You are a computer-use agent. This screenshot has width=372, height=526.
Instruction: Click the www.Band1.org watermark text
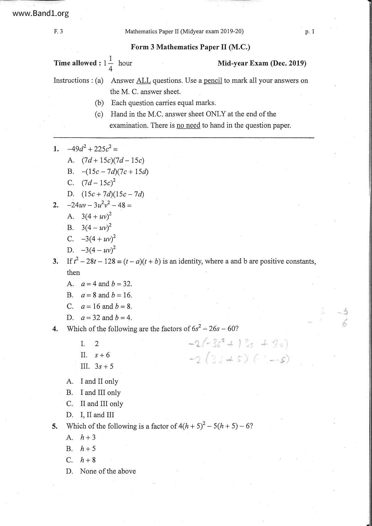click(37, 13)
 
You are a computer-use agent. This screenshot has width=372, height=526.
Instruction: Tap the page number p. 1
click(310, 31)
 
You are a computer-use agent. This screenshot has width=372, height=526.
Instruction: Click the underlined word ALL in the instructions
click(143, 81)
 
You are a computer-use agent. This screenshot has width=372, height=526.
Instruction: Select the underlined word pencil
click(213, 81)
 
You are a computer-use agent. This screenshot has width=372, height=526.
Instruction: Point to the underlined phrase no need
click(188, 125)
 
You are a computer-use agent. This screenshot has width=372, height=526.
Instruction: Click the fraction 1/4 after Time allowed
click(110, 63)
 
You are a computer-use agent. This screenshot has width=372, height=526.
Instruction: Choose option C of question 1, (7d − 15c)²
click(98, 183)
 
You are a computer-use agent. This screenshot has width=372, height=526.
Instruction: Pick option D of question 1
click(112, 194)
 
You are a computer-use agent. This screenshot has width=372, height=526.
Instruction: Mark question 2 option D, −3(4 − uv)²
click(98, 250)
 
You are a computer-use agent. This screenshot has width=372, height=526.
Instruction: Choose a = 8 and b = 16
click(106, 295)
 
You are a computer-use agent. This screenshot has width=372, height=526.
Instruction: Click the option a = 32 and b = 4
click(106, 318)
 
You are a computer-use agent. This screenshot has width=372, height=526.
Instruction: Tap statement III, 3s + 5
click(104, 366)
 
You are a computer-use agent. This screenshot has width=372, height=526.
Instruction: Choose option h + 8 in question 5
click(88, 460)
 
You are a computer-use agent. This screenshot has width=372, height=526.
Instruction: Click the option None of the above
click(108, 471)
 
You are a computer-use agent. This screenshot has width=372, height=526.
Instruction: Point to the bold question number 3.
click(55, 262)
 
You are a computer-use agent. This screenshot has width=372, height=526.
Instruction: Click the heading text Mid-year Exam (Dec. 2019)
click(262, 63)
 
